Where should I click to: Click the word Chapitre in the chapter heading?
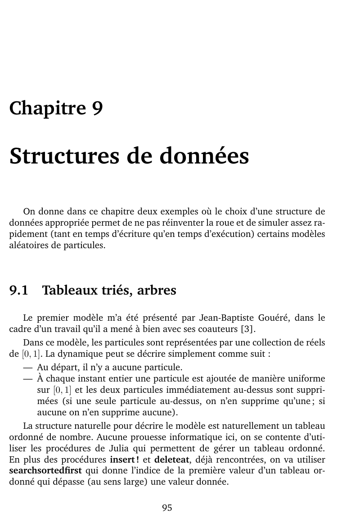(47, 109)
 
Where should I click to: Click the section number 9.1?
(19, 291)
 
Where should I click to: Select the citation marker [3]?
(247, 328)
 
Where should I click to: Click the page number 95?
(167, 508)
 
